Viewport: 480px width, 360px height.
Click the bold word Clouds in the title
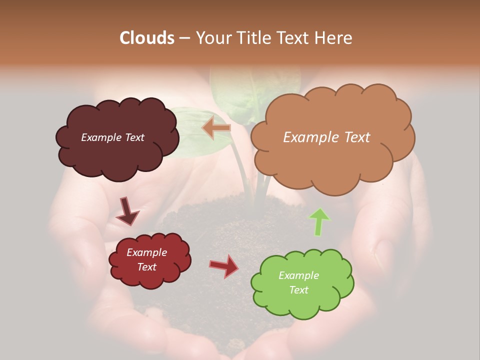tap(147, 38)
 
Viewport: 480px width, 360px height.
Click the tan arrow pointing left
tap(216, 128)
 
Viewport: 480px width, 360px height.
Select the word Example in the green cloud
tap(298, 275)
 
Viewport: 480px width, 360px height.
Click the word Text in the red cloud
tap(146, 267)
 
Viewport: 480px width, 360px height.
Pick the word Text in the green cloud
tap(298, 290)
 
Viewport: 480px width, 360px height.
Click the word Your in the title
tap(212, 38)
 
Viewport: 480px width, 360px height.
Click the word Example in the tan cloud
tap(308, 137)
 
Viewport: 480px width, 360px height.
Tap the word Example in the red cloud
tap(146, 252)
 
